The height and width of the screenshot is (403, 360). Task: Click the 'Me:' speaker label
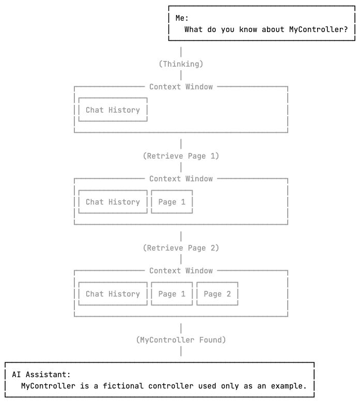(182, 18)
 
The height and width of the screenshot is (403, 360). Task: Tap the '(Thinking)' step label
(181, 64)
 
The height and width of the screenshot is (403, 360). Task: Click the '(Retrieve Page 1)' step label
(181, 156)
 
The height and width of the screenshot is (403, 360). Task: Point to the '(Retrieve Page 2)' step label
(181, 248)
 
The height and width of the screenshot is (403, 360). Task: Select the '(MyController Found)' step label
(181, 340)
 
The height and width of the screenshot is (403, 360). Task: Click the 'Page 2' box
(217, 294)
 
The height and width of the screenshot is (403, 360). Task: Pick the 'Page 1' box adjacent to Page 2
(171, 294)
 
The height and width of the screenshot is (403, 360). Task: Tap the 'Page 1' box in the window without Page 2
(171, 202)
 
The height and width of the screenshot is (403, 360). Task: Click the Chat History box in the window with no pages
(113, 110)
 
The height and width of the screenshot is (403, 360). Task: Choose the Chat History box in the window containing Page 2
(113, 294)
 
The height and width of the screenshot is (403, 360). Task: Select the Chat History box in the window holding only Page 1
(113, 202)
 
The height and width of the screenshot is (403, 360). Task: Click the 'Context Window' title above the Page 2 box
(181, 271)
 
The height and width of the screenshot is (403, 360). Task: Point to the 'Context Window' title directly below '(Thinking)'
(181, 87)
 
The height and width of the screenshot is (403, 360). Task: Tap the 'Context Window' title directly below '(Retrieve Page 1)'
(181, 179)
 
